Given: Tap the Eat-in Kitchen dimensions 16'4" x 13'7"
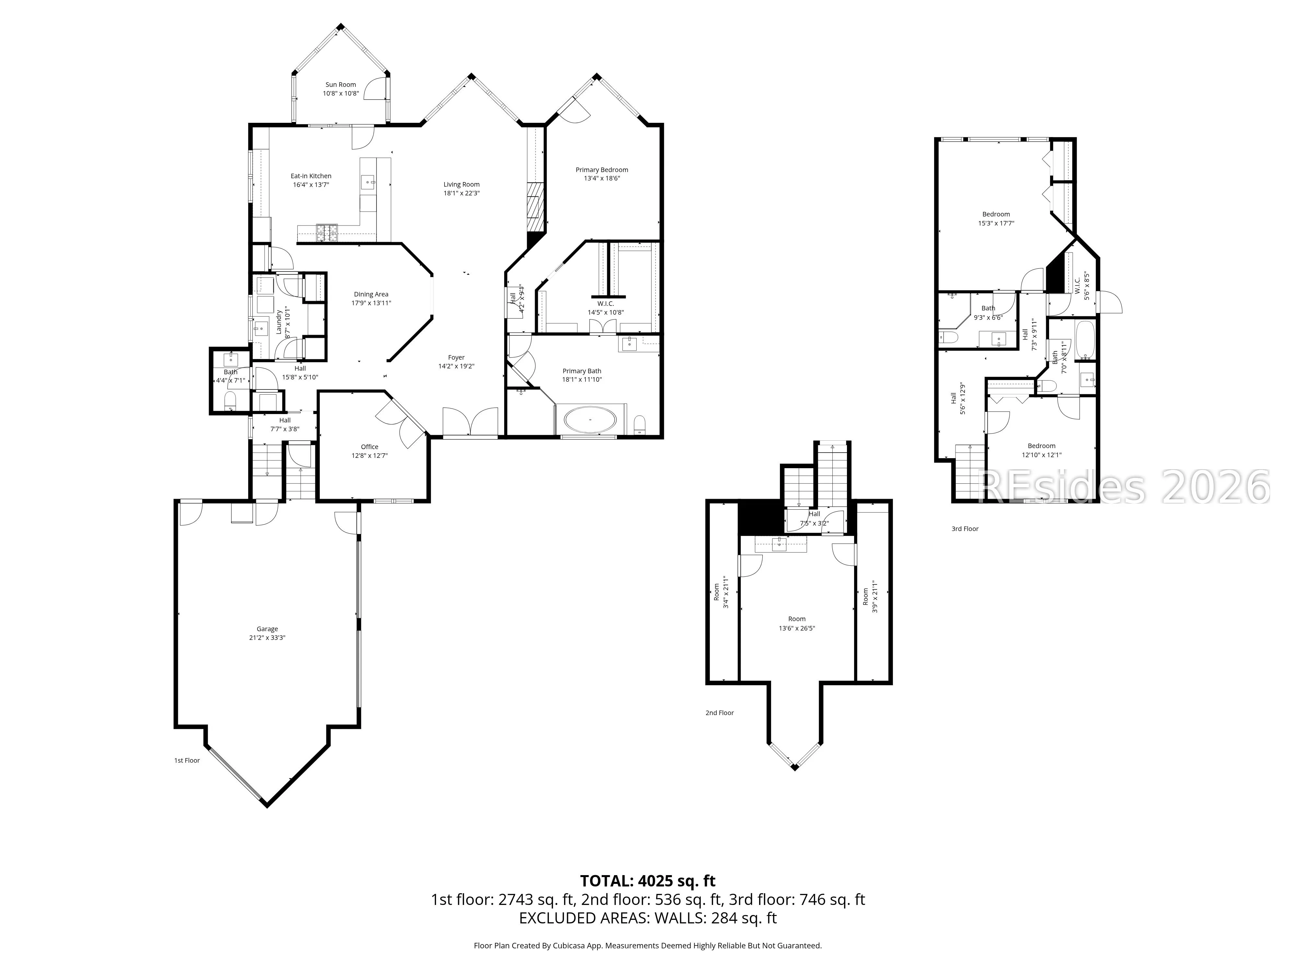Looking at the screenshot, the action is [311, 185].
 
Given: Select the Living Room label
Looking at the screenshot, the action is [462, 185].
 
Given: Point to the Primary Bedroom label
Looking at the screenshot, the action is [602, 170].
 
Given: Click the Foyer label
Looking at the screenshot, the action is [457, 357].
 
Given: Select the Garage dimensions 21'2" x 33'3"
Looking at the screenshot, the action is [267, 638].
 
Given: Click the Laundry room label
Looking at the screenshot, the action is [279, 322].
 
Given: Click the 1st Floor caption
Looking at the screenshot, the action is [187, 760].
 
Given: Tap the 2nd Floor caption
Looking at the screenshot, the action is [720, 713].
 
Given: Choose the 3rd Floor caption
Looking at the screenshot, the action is [965, 529].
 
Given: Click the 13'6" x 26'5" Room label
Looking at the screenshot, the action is [797, 623].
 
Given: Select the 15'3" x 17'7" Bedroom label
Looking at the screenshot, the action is [996, 219].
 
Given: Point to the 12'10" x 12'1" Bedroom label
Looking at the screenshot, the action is [1042, 450].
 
